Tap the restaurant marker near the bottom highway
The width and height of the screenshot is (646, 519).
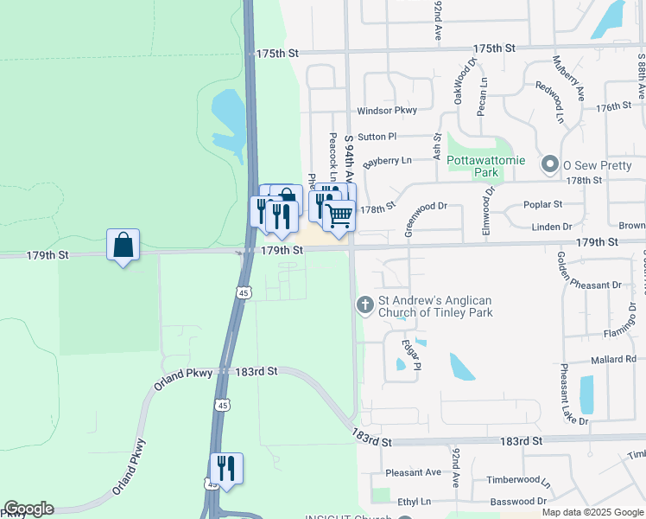226,468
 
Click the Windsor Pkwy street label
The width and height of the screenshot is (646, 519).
387,110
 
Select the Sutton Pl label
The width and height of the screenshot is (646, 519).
377,137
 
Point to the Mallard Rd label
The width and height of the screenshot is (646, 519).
614,359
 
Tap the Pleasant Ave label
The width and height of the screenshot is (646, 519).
414,472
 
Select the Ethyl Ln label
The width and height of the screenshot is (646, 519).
414,501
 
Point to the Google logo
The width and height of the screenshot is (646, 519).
28,509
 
